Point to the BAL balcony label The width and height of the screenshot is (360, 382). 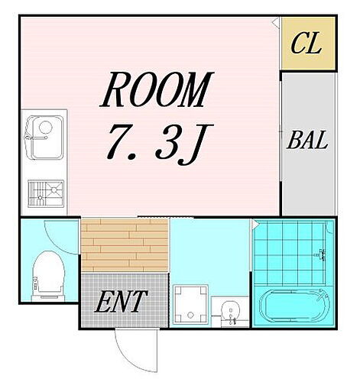tap(307, 141)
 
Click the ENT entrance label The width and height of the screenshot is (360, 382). tap(119, 303)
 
